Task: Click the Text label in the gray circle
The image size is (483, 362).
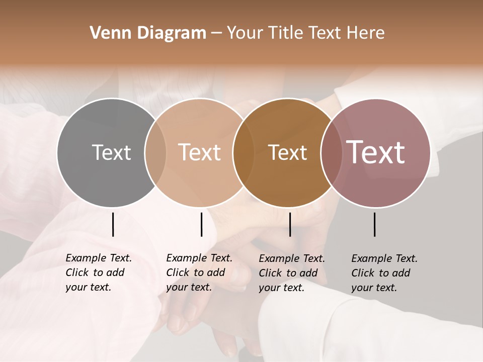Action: pos(111,152)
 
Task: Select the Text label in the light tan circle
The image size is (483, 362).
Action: pos(199,152)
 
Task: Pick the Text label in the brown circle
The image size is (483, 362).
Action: pos(287,152)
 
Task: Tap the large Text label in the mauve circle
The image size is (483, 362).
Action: pos(375,152)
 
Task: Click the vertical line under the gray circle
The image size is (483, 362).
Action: pos(113,224)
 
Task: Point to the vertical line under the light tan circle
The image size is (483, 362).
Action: pos(201,224)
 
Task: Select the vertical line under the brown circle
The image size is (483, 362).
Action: pos(290,224)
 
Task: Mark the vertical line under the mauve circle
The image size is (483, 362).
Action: pos(375,224)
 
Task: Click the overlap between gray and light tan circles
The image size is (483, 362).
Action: pos(155,153)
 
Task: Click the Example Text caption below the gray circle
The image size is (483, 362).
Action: pos(98,273)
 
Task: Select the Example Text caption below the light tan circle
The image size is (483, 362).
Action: pos(199,273)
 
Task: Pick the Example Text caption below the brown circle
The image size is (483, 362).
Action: pos(291,273)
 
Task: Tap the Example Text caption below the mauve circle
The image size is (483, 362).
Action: pos(384,273)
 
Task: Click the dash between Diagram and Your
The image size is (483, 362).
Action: pos(216,33)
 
